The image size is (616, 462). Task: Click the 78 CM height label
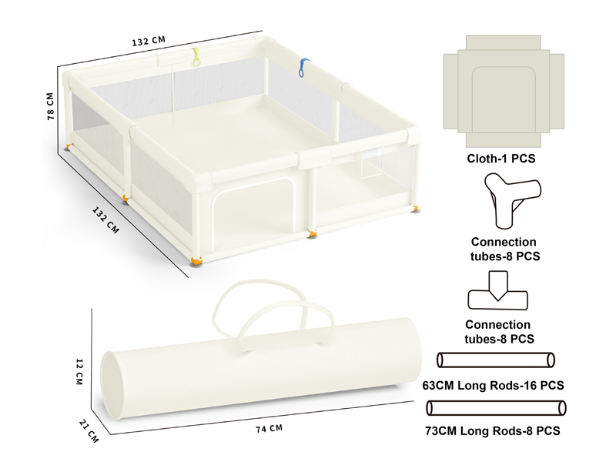tap(50, 106)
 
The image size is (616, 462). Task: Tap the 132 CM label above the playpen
tap(149, 41)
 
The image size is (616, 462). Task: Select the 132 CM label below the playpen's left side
tap(105, 220)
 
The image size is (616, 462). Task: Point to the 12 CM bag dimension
tap(79, 371)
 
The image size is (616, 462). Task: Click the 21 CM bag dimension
tap(89, 430)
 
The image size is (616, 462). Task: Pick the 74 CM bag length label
tap(269, 429)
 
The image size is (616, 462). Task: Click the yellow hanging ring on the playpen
tap(196, 57)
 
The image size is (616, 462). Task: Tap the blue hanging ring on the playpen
tap(303, 68)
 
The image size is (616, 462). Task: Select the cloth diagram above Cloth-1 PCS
tap(504, 91)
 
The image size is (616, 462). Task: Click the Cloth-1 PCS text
tap(501, 159)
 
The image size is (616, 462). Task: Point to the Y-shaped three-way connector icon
tap(512, 200)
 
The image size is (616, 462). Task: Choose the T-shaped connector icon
tap(497, 291)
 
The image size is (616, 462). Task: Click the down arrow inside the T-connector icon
tap(498, 286)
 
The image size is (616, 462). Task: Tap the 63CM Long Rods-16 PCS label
tap(493, 386)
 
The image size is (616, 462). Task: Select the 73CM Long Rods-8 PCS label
tap(493, 431)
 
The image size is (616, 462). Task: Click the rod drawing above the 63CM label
tap(496, 360)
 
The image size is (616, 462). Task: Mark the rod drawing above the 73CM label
tap(496, 408)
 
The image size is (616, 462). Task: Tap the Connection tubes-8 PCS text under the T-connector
tap(499, 332)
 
